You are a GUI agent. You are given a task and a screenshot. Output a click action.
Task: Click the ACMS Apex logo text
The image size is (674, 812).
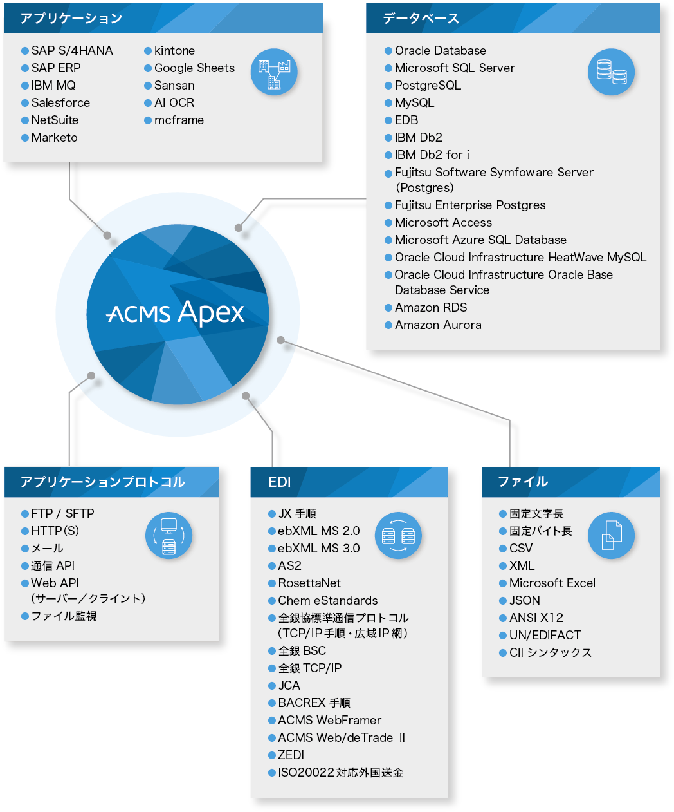click(176, 313)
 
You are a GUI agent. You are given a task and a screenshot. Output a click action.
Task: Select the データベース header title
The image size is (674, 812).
click(421, 19)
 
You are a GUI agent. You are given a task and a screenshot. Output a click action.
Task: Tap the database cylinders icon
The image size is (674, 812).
click(611, 71)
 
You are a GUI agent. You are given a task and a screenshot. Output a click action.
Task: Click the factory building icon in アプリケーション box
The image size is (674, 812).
click(274, 72)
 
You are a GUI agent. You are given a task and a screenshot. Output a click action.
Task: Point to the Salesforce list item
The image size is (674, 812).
click(60, 103)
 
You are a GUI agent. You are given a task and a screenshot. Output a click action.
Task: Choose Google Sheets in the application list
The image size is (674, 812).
click(194, 68)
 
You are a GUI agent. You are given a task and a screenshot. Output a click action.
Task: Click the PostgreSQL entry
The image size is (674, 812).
click(428, 86)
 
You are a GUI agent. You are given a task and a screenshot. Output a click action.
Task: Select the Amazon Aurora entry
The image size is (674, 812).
click(438, 325)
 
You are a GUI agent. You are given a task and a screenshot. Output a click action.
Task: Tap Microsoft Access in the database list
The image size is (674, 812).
click(443, 223)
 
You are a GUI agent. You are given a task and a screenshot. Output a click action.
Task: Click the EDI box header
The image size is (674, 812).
click(280, 482)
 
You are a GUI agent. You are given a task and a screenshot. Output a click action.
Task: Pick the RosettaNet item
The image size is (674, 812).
click(309, 583)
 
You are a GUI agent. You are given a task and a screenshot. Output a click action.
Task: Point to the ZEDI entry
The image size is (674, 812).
click(291, 755)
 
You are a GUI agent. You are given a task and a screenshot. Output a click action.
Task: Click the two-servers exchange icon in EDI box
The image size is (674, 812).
click(398, 535)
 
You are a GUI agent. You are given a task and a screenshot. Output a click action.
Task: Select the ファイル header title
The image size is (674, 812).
click(523, 482)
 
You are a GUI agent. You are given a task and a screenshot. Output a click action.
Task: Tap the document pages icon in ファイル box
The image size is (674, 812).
click(611, 535)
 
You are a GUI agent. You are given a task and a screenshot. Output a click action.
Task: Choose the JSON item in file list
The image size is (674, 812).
click(524, 601)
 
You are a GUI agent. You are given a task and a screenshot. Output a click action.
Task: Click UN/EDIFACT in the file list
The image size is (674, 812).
click(545, 636)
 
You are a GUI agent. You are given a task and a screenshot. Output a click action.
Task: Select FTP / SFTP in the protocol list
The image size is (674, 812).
click(62, 514)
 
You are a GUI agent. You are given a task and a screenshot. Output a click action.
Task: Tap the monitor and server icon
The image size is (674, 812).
click(168, 535)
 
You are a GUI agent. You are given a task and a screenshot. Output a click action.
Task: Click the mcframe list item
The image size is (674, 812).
click(179, 120)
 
